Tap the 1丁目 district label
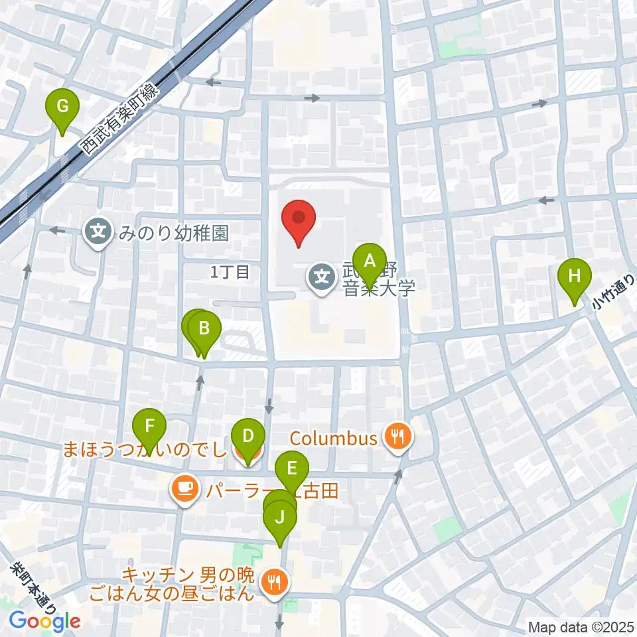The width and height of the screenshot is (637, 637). (229, 271)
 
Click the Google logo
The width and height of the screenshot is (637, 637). (44, 621)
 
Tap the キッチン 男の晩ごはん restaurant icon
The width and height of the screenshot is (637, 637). (274, 583)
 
